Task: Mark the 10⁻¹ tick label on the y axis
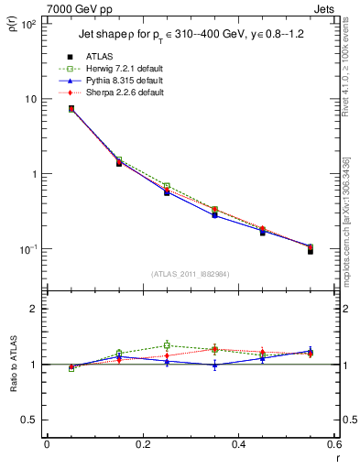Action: (27, 249)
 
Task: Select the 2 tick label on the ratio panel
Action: (32, 309)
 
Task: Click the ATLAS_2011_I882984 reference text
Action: (190, 274)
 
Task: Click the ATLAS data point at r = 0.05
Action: (71, 109)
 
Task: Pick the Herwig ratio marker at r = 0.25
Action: (167, 345)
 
